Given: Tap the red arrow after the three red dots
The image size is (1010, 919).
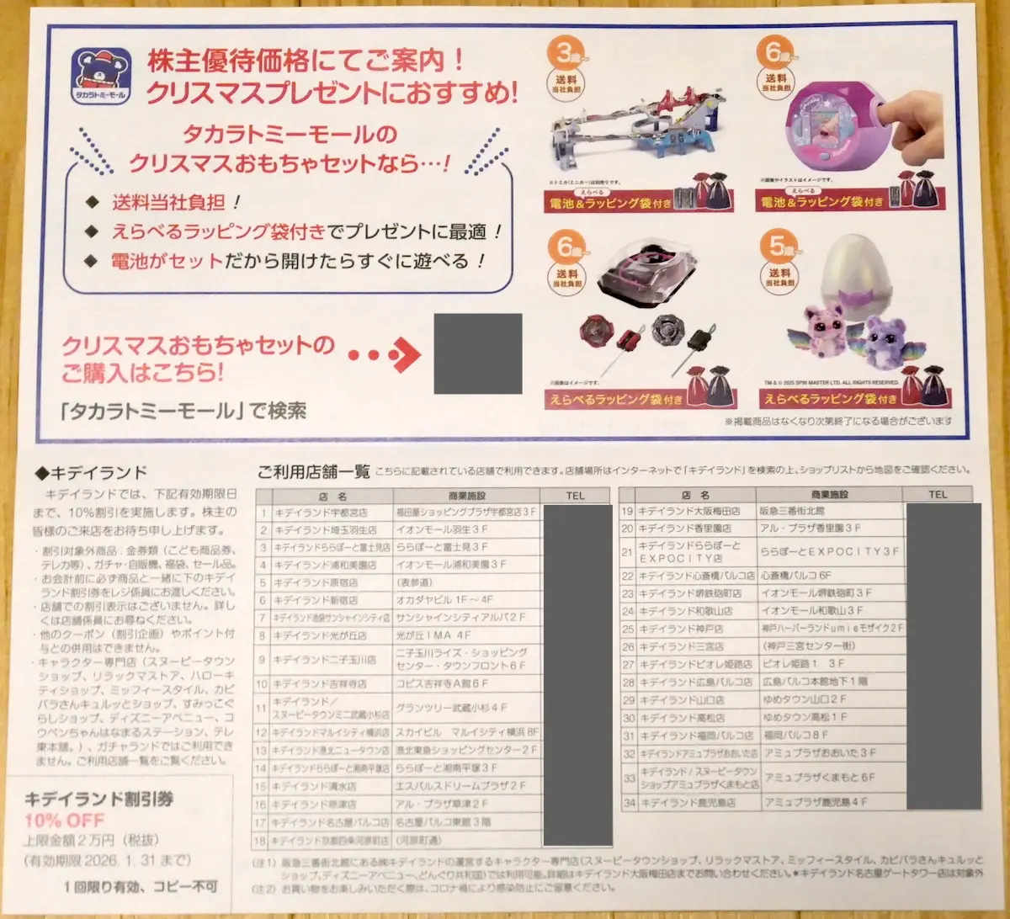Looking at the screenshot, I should pos(404,354).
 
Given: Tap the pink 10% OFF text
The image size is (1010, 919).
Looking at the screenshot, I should pos(65,820).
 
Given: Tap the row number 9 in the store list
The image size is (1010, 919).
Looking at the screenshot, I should pos(263,660).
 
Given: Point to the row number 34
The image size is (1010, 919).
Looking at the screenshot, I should pos(627,803).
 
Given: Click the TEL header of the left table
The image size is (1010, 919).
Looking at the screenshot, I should pos(577,496).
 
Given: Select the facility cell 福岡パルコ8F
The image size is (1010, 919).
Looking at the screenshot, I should pos(795,736).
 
